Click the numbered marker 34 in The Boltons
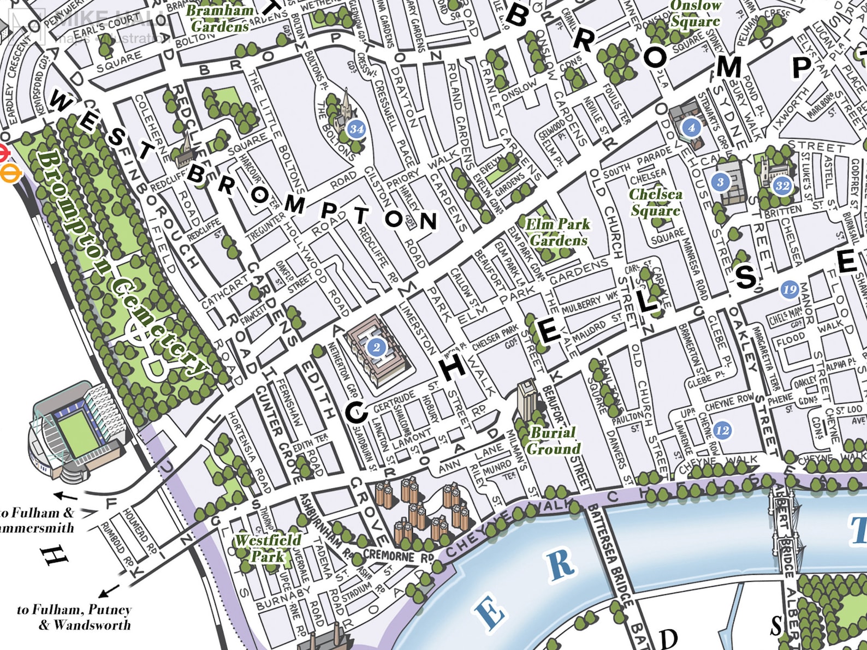point(356,129)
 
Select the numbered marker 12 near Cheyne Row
point(722,430)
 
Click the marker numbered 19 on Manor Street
point(789,289)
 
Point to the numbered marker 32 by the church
point(782,185)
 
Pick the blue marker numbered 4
point(691,127)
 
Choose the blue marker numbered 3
point(721,182)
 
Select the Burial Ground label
point(553,440)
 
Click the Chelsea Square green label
point(655,202)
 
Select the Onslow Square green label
point(695,14)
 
